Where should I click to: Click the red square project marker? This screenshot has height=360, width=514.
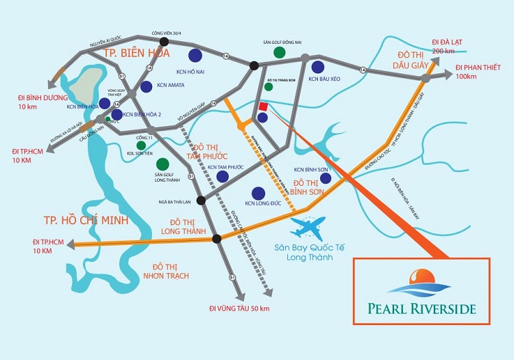263,106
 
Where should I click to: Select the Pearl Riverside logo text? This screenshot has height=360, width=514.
421,309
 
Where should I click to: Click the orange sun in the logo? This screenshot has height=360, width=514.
417,277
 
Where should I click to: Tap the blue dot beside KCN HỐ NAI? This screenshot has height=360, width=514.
195,56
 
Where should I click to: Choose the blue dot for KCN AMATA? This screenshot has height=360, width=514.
147,86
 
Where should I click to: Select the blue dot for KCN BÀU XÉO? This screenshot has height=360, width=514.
317,67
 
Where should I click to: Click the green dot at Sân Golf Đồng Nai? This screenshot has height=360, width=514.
279,52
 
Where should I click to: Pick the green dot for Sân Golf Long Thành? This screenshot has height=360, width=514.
163,165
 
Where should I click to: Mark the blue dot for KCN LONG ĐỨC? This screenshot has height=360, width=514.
259,193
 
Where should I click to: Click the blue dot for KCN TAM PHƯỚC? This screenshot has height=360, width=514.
222,176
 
